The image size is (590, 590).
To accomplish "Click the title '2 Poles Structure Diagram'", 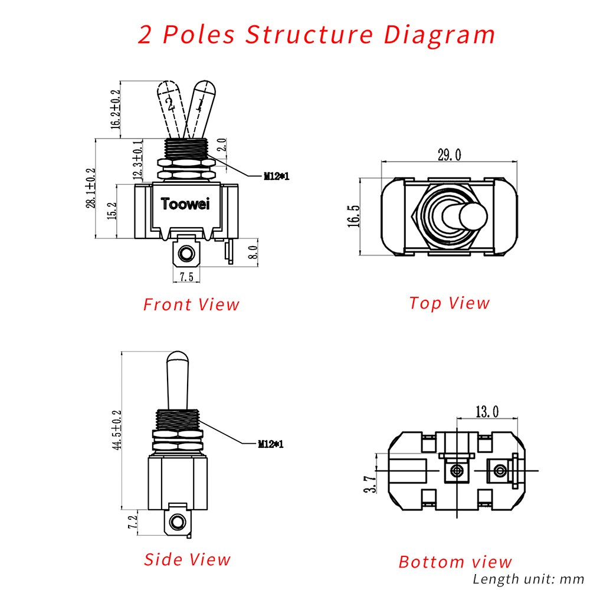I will [x=317, y=35].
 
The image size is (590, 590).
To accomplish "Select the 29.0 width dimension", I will [x=449, y=155].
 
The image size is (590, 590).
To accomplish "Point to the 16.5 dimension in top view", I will [x=353, y=216].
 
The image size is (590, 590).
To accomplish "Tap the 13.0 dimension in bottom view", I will [x=486, y=411].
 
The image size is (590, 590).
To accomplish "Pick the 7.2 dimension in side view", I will [x=133, y=522].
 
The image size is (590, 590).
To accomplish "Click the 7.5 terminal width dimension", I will [x=187, y=277].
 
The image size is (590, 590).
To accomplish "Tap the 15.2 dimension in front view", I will [x=112, y=210].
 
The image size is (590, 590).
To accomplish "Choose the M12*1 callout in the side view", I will [x=270, y=444].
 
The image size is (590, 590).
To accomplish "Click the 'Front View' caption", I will [x=192, y=304].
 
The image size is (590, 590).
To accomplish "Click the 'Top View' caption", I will [x=450, y=303].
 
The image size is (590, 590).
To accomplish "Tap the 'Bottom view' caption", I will [x=455, y=561].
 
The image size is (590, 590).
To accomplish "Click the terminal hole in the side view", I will [x=176, y=522].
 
